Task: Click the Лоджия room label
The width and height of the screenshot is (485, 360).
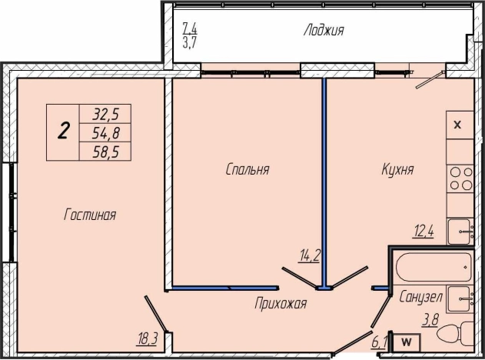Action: click(324, 31)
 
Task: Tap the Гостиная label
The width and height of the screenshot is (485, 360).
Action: click(90, 215)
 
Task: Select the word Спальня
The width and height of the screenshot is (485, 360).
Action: click(247, 169)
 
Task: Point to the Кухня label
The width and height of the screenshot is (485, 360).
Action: click(397, 169)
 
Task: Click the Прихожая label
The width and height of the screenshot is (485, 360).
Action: click(281, 303)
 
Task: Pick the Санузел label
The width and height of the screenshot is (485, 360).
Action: click(420, 297)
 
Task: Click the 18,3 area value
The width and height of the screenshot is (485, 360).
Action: click(148, 339)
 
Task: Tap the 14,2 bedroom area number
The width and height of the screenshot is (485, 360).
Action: click(309, 256)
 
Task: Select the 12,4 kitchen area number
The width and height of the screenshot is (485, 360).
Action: click(423, 232)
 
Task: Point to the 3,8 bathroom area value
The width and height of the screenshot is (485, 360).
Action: click(430, 319)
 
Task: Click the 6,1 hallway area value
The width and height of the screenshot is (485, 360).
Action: click(378, 342)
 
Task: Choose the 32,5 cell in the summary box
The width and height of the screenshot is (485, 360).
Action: click(105, 114)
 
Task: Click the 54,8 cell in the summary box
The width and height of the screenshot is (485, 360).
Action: click(105, 133)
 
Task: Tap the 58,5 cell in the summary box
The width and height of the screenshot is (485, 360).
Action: click(105, 152)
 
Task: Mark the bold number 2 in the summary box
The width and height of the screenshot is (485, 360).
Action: click(63, 131)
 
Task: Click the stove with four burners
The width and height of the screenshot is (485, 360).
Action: click(460, 178)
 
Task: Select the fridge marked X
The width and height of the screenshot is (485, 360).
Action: click(460, 125)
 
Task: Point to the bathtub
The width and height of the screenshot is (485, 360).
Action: click(433, 267)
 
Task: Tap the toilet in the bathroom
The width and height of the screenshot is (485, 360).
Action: click(456, 335)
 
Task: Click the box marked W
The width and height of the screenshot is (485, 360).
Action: click(407, 342)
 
